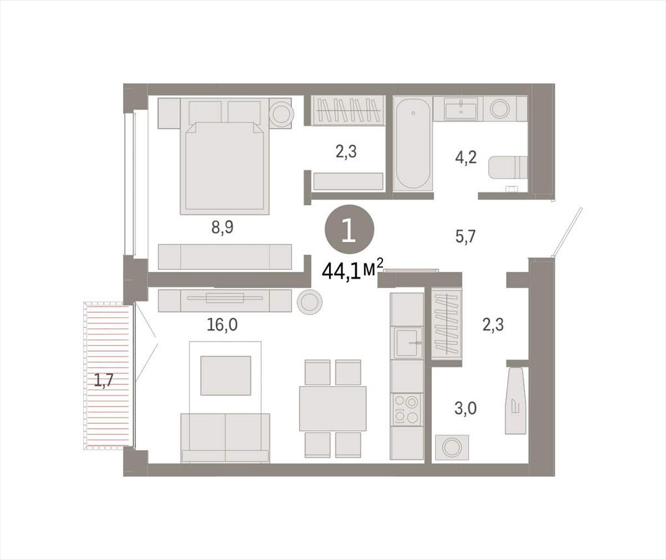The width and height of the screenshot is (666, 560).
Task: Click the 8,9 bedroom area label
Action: coord(222,228)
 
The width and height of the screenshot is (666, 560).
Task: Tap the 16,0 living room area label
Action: coord(222,325)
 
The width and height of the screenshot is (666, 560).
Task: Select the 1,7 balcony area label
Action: coord(103,380)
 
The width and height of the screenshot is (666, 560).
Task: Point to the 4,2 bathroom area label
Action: coord(466,157)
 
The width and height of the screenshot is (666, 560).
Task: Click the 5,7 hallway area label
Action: coord(466,236)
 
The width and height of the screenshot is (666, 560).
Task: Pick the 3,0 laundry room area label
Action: coord(466,408)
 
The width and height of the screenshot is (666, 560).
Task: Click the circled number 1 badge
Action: coord(349,231)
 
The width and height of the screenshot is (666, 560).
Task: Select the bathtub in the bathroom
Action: coord(412,143)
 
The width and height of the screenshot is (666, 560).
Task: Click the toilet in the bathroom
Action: coord(508,167)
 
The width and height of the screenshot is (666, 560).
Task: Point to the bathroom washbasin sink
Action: coord(461,108)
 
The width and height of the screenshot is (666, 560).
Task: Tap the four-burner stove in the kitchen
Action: coord(406,409)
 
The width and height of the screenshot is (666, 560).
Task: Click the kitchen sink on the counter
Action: coord(408,343)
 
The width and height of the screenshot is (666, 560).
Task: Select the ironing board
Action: coord(515,400)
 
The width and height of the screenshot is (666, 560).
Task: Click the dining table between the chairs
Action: coord(332,408)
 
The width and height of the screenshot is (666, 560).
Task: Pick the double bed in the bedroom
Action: coord(224,156)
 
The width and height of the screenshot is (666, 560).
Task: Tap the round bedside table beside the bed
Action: coord(280,113)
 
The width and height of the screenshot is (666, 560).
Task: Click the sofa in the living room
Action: coord(225,437)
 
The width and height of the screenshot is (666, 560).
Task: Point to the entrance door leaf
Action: coord(566,232)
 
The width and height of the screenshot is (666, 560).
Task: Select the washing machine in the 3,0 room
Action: coord(451,447)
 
